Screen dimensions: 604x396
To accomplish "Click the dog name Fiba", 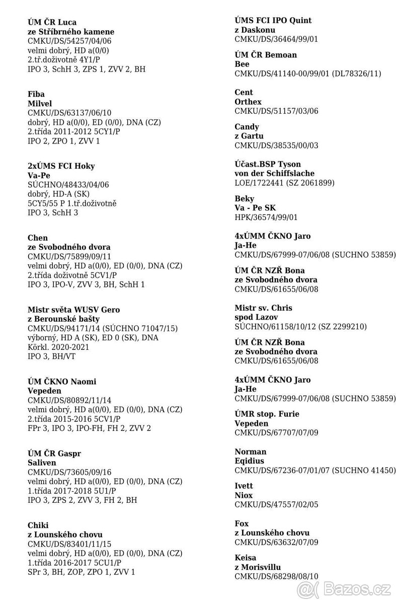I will pos(36,94).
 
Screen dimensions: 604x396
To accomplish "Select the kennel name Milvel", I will pos(40,104).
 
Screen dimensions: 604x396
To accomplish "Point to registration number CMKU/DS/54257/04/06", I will pos(69,41).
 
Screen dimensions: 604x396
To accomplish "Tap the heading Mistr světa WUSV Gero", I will pos(73,310).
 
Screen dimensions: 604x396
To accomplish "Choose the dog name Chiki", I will pos(38,525).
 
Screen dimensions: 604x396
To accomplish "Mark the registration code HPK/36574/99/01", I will pos(266,217).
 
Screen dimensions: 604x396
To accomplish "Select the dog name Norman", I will pos(251,451).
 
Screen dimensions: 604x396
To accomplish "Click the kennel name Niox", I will pos(244,495).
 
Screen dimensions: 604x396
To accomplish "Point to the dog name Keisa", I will pos(246,558).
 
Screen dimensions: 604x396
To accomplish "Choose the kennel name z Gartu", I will pos(249,136).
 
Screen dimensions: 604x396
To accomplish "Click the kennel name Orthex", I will pos(248,102).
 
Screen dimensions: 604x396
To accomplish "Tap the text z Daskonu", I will pos(255,30).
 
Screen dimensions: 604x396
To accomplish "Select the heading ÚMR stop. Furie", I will pos(267,414).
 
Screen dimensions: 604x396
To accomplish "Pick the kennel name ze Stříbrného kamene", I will pos(70,32).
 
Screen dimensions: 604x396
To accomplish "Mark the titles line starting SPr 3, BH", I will pos(81,572).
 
